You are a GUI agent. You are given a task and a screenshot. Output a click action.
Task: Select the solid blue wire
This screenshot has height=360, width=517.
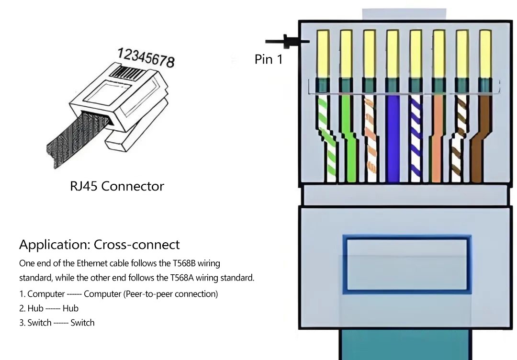[x=393, y=139]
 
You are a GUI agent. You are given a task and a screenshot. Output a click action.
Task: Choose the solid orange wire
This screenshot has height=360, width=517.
[x=437, y=139]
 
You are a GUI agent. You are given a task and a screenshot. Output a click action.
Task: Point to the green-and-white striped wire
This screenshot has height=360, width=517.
[x=327, y=139]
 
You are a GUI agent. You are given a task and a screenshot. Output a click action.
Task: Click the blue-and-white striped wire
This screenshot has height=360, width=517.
[x=416, y=139]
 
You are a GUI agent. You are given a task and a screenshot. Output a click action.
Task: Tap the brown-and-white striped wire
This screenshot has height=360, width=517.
[x=459, y=139]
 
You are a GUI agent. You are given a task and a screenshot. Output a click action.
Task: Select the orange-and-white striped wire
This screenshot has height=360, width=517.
[x=371, y=139]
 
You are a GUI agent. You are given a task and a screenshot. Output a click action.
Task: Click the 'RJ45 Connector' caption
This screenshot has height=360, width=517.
[x=117, y=186]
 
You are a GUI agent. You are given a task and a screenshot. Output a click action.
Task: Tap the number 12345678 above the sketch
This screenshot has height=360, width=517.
[x=146, y=57]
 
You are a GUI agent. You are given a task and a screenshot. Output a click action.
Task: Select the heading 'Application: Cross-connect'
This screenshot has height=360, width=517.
[x=100, y=245]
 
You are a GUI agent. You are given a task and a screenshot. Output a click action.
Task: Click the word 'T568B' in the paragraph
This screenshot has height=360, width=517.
[x=185, y=263]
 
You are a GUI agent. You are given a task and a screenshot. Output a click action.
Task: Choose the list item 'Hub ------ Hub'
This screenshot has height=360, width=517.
[x=49, y=308]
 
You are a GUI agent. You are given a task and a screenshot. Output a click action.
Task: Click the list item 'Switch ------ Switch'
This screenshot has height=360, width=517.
[x=57, y=323]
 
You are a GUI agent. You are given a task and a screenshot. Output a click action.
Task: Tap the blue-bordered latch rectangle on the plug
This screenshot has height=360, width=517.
[x=407, y=264]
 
